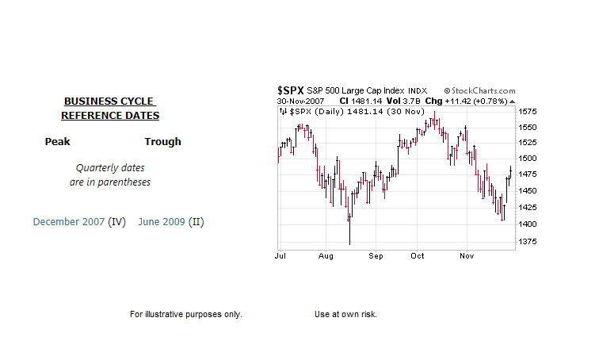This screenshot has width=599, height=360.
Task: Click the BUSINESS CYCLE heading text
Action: [x=109, y=101]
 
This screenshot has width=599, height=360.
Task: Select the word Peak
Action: [x=58, y=142]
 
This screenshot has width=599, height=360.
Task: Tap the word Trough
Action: [x=162, y=142]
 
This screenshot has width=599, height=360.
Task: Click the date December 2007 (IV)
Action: [x=79, y=222]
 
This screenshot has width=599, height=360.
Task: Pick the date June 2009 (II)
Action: [x=170, y=222]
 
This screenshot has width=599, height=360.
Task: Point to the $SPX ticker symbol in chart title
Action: [x=290, y=91]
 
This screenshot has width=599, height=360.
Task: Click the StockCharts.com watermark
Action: [x=479, y=91]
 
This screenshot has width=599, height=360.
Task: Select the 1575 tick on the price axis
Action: [x=528, y=112]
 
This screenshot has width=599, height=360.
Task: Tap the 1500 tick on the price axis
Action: [x=528, y=159]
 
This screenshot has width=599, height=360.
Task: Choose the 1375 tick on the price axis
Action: [x=528, y=242]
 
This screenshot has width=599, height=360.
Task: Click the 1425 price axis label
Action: [x=528, y=208]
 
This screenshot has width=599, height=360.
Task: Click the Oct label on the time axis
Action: [x=418, y=256]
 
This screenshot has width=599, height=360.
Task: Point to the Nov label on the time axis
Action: [x=467, y=256]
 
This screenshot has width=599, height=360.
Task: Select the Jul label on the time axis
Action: [x=280, y=256]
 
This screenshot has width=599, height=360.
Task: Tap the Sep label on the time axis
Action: [x=376, y=256]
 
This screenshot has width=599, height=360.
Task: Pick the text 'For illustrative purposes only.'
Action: [x=185, y=315]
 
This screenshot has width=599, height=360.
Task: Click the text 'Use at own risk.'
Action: [x=345, y=315]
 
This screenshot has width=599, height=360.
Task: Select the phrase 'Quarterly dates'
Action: [x=110, y=168]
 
